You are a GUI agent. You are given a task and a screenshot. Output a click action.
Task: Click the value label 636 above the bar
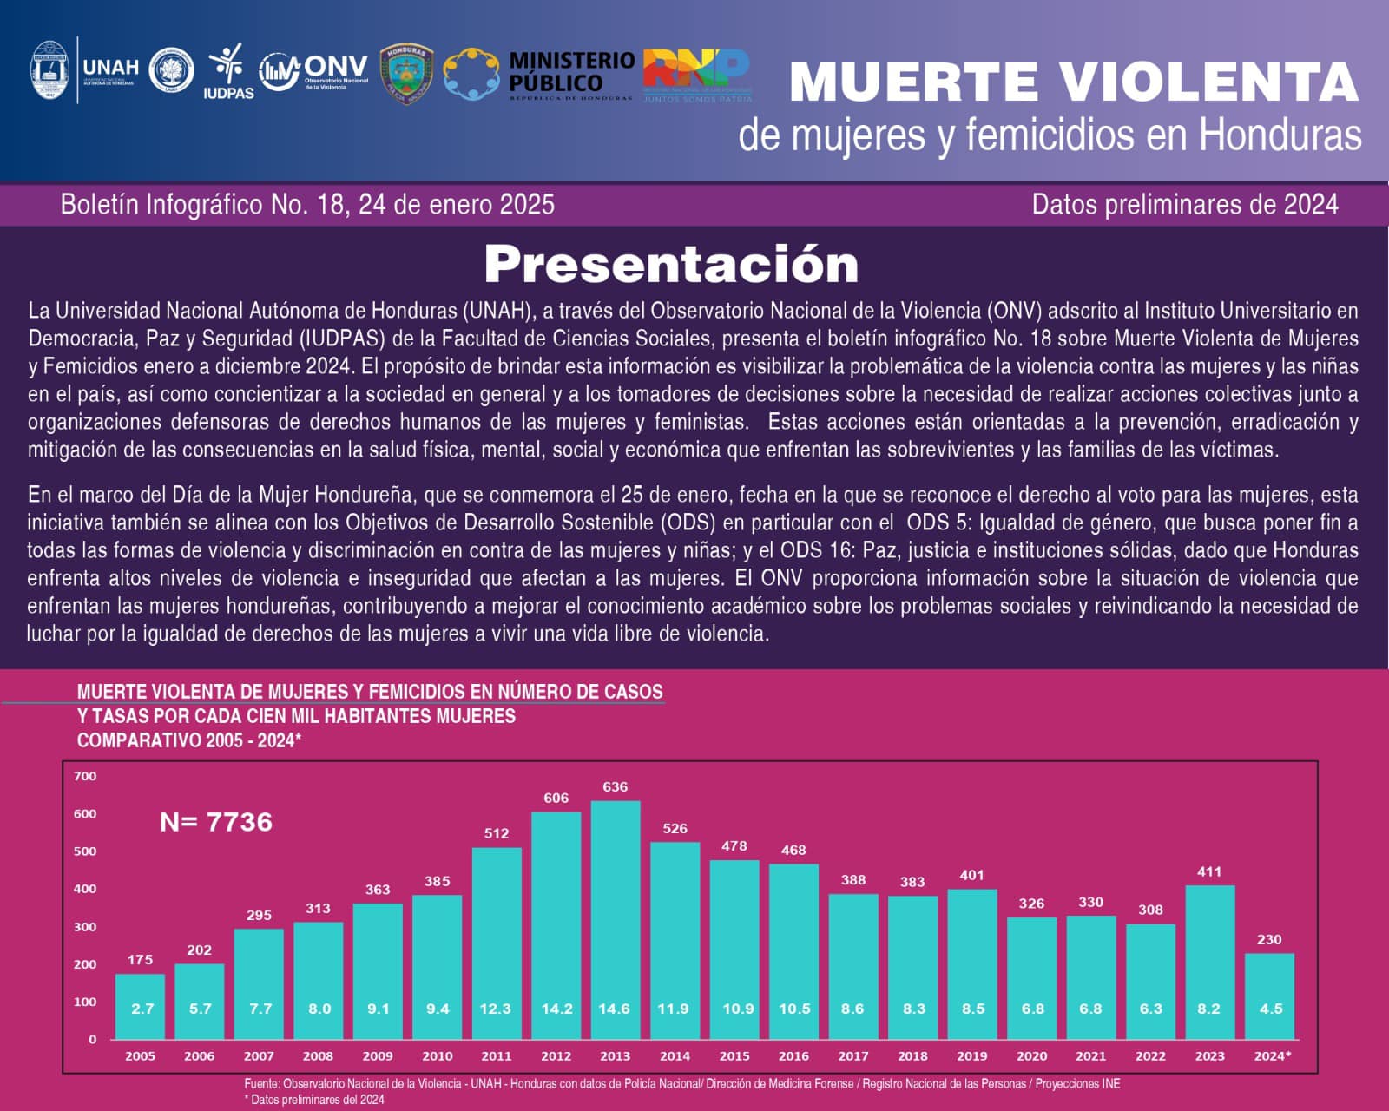pos(615,787)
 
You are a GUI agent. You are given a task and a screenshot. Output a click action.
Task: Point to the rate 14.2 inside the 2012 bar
pos(556,1009)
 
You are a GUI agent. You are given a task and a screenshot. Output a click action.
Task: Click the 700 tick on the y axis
pos(85,776)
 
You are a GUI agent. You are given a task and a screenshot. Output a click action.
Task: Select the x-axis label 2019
pos(971,1056)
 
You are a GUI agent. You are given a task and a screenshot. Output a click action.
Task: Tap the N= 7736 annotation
pos(216,822)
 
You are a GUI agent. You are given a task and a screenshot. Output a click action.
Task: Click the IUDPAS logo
pos(228,71)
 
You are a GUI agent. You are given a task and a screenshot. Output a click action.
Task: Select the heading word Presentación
pos(671,265)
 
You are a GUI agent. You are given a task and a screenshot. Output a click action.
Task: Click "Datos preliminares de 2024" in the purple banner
pos(1185,205)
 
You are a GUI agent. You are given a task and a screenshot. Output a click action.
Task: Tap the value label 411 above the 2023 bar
pos(1209,871)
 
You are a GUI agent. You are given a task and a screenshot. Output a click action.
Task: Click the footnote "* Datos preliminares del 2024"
pos(314,1099)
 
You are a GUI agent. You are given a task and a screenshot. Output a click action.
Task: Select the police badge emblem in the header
pos(406,73)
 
